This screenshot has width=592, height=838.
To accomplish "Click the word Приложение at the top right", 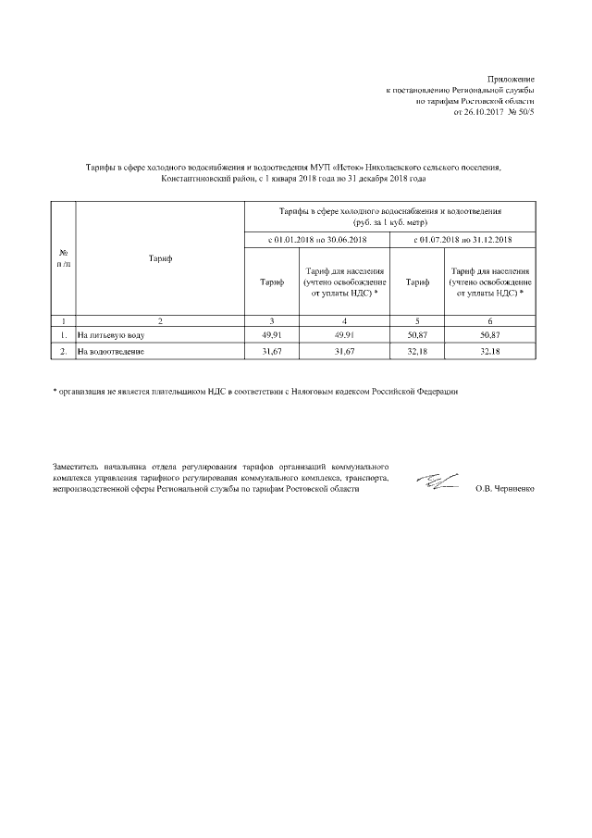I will tap(511, 81).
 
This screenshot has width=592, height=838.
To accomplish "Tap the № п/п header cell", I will tap(63, 258).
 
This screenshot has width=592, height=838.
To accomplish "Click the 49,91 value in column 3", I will tap(272, 334).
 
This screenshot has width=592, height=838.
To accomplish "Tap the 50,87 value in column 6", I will tap(489, 334).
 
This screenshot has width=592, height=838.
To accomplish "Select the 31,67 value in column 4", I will tap(344, 352).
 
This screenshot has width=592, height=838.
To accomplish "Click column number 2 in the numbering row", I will tap(159, 319).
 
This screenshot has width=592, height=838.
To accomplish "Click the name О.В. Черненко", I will tap(504, 487).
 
